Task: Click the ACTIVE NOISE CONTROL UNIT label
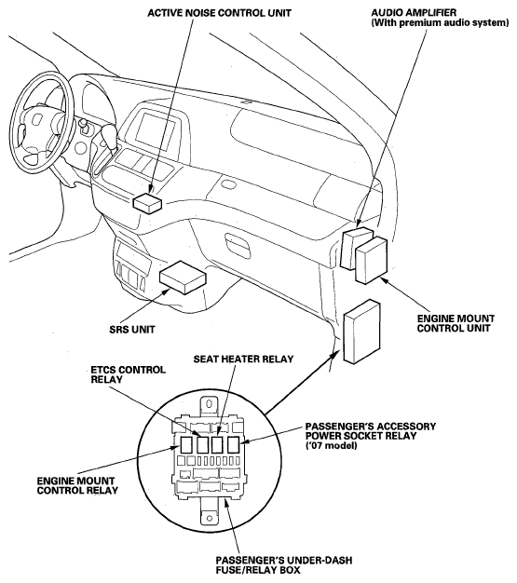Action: point(219,13)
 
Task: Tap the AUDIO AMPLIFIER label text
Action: point(414,13)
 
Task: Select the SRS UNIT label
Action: point(132,330)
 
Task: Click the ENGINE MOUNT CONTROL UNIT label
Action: point(456,323)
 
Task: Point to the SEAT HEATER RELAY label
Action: point(243,359)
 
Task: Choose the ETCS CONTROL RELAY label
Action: point(129,374)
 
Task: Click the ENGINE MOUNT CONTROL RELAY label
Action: point(77,485)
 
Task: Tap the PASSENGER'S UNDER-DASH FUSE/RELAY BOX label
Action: point(284,565)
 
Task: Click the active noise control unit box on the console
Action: point(147,203)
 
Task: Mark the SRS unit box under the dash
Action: point(183,277)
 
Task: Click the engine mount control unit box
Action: point(371,260)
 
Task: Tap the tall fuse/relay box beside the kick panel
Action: point(361,331)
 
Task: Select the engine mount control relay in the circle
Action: point(186,444)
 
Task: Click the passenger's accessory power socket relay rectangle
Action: point(233,444)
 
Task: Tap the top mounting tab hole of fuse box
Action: point(210,404)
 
